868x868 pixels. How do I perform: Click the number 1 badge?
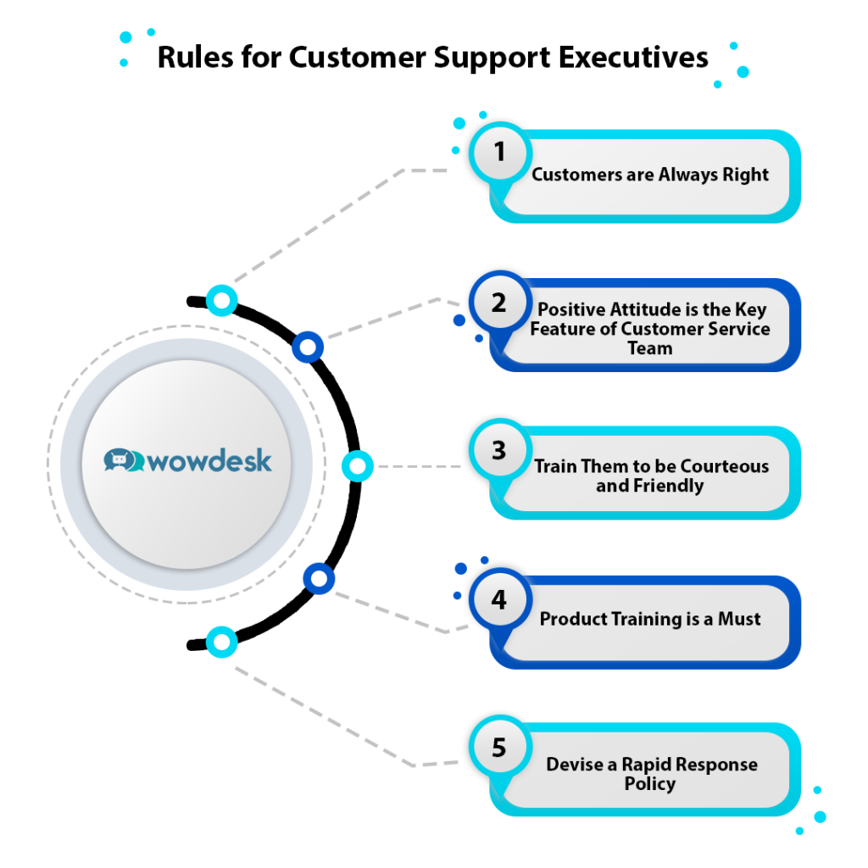point(499,153)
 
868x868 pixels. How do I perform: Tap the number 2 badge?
point(499,303)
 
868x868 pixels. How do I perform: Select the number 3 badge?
point(499,451)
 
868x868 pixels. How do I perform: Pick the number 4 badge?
point(499,600)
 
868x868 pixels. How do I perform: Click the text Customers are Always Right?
point(650,175)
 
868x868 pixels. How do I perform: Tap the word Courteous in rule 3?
point(722,466)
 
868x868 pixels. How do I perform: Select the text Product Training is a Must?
point(650,620)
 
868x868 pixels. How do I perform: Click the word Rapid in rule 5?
point(646,765)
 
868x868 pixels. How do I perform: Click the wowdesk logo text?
point(210,461)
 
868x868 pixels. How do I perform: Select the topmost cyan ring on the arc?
point(222,300)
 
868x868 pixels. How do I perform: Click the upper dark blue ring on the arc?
point(308,347)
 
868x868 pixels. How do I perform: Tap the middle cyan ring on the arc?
point(357,466)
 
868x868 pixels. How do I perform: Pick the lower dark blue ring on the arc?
point(319,579)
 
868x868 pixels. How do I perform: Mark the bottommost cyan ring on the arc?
point(222,642)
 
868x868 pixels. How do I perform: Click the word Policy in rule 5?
point(650,784)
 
